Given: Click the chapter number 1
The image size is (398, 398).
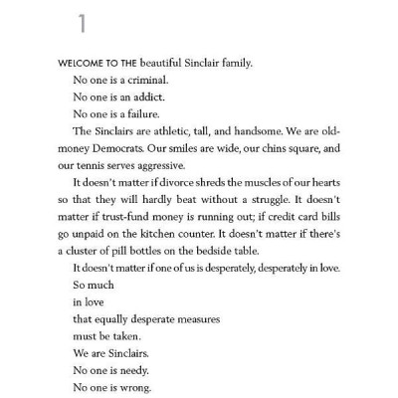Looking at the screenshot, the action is (x=69, y=23).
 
